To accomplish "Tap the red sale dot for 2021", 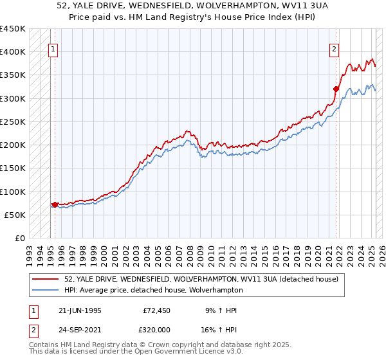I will (336, 89).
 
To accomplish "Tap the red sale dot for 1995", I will (55, 204).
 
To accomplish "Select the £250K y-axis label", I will (13, 122).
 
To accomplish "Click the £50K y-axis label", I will (15, 215).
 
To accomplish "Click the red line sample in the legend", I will (46, 278).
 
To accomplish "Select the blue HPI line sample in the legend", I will (46, 290).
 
